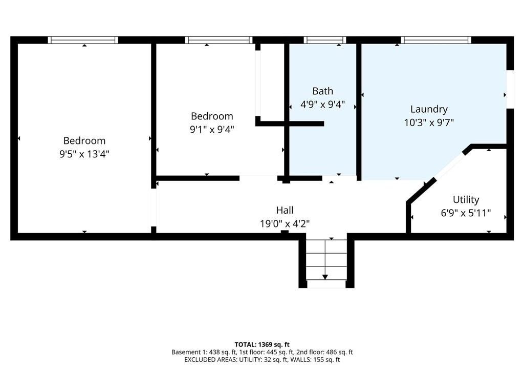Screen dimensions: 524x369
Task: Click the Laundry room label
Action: (429, 110)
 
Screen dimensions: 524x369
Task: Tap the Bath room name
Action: (322, 91)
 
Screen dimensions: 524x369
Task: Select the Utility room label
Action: (466, 200)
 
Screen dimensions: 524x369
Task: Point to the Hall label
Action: (285, 210)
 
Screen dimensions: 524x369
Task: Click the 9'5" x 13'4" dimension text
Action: (84, 154)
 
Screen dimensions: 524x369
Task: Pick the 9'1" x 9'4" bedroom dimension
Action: (212, 129)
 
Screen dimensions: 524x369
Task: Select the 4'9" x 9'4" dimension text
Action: (322, 105)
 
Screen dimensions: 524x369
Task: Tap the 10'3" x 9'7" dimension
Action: (429, 122)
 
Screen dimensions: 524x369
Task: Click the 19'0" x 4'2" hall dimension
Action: (285, 223)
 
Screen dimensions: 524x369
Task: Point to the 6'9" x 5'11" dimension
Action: (466, 213)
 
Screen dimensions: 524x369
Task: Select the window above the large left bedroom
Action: (83, 40)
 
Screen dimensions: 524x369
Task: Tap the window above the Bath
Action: (325, 40)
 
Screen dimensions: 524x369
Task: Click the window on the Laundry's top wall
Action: (436, 40)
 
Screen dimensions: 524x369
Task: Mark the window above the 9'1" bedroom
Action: (219, 40)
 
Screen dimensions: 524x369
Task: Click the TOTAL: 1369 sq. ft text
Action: (262, 344)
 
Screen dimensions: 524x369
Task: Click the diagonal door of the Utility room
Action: (449, 166)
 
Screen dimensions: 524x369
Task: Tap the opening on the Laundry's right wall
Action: (510, 89)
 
